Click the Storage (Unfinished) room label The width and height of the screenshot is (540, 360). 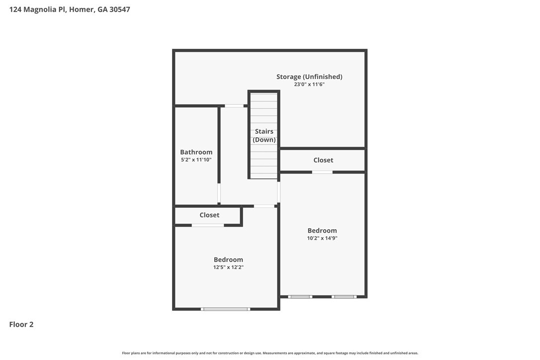(309, 77)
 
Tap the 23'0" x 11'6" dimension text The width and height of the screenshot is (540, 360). (309, 85)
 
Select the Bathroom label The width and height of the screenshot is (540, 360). (196, 152)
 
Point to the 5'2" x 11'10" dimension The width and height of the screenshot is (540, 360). (196, 160)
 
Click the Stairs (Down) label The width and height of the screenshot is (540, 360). (264, 135)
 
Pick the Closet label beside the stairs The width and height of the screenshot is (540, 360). (323, 160)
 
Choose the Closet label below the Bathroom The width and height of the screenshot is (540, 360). (209, 215)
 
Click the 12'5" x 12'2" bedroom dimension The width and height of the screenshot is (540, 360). (228, 268)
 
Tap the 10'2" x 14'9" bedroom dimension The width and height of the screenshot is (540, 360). (322, 238)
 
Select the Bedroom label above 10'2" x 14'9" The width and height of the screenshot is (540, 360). (322, 230)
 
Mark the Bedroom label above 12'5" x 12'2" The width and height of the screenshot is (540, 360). (228, 260)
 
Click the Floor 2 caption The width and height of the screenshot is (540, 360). (21, 325)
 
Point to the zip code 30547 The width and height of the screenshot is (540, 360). (120, 9)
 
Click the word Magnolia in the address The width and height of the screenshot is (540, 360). (40, 9)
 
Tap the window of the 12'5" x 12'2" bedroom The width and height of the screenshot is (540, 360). (226, 309)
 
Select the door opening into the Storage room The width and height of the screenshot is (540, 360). (234, 106)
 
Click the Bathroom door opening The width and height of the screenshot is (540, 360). (219, 193)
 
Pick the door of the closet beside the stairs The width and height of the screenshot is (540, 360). (322, 172)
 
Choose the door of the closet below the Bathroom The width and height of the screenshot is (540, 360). (208, 225)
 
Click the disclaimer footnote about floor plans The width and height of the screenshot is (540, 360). (270, 353)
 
